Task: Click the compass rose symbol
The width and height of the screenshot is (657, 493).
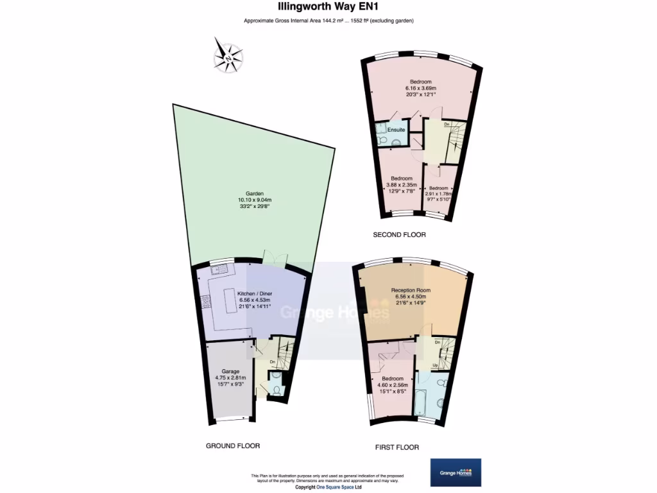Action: pyautogui.click(x=228, y=54)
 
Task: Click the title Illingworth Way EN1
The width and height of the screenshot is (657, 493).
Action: pyautogui.click(x=328, y=8)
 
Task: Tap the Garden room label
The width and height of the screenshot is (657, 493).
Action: pyautogui.click(x=255, y=193)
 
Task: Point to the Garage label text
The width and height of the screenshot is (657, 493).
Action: pyautogui.click(x=231, y=372)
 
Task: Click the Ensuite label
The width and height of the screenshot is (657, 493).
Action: pyautogui.click(x=396, y=130)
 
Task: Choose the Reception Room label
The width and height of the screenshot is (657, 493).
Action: pyautogui.click(x=411, y=290)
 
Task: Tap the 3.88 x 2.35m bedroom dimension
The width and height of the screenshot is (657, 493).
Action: pyautogui.click(x=402, y=184)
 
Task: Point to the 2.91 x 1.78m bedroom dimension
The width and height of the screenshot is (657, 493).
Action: pyautogui.click(x=439, y=193)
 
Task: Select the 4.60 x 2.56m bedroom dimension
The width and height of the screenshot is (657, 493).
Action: pyautogui.click(x=393, y=385)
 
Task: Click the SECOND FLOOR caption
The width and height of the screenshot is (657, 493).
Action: pyautogui.click(x=400, y=235)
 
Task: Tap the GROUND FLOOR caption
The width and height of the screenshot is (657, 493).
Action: pyautogui.click(x=233, y=445)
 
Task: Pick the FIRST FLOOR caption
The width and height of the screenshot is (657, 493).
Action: pyautogui.click(x=397, y=447)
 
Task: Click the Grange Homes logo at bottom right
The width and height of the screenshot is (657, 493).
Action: pyautogui.click(x=456, y=472)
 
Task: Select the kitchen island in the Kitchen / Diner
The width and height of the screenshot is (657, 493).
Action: pyautogui.click(x=230, y=304)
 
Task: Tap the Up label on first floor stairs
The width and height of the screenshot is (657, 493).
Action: pyautogui.click(x=435, y=366)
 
